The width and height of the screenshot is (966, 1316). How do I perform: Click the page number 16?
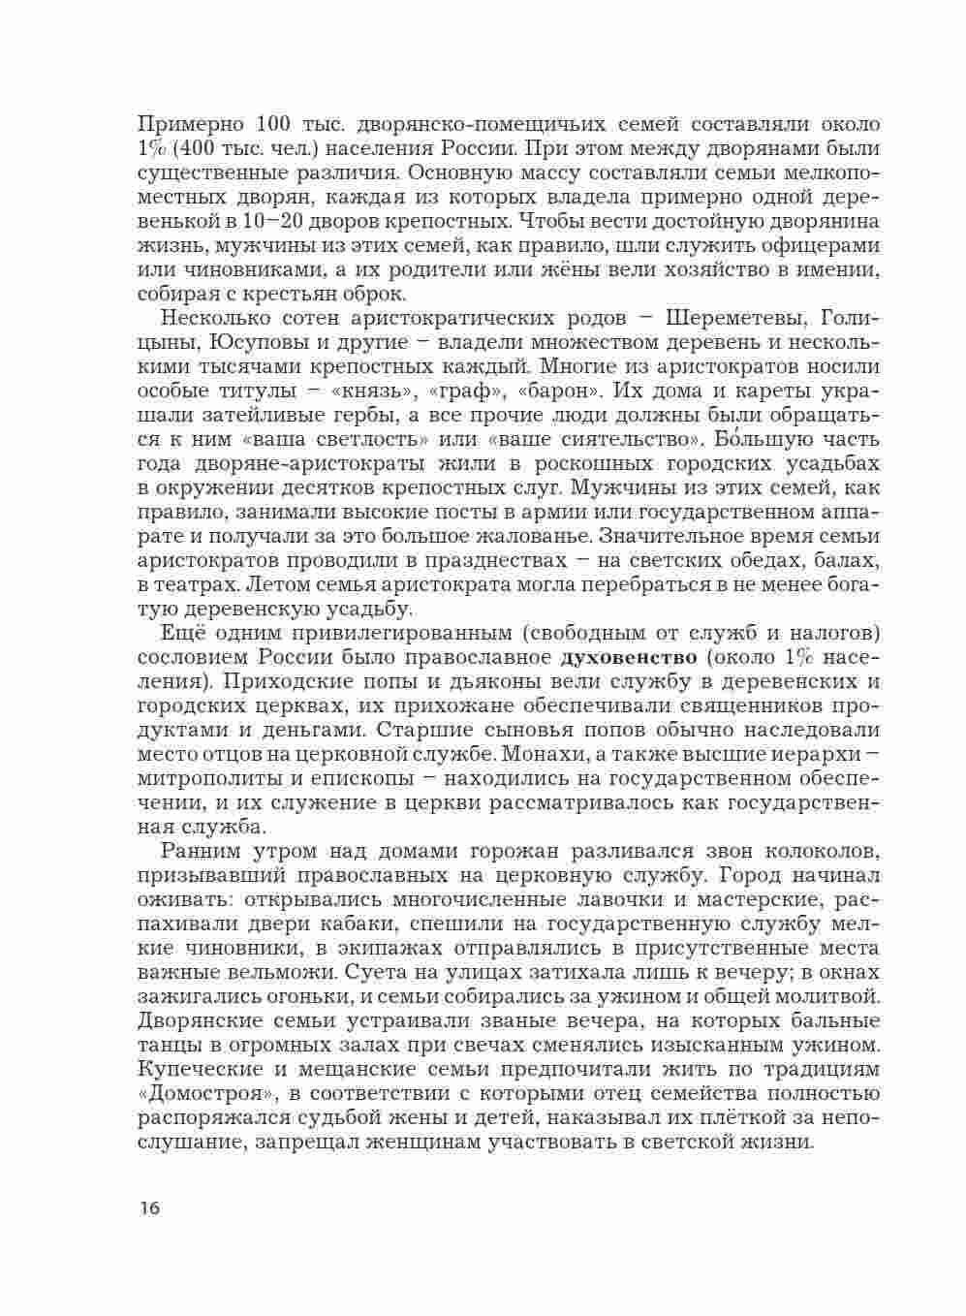[150, 1208]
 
